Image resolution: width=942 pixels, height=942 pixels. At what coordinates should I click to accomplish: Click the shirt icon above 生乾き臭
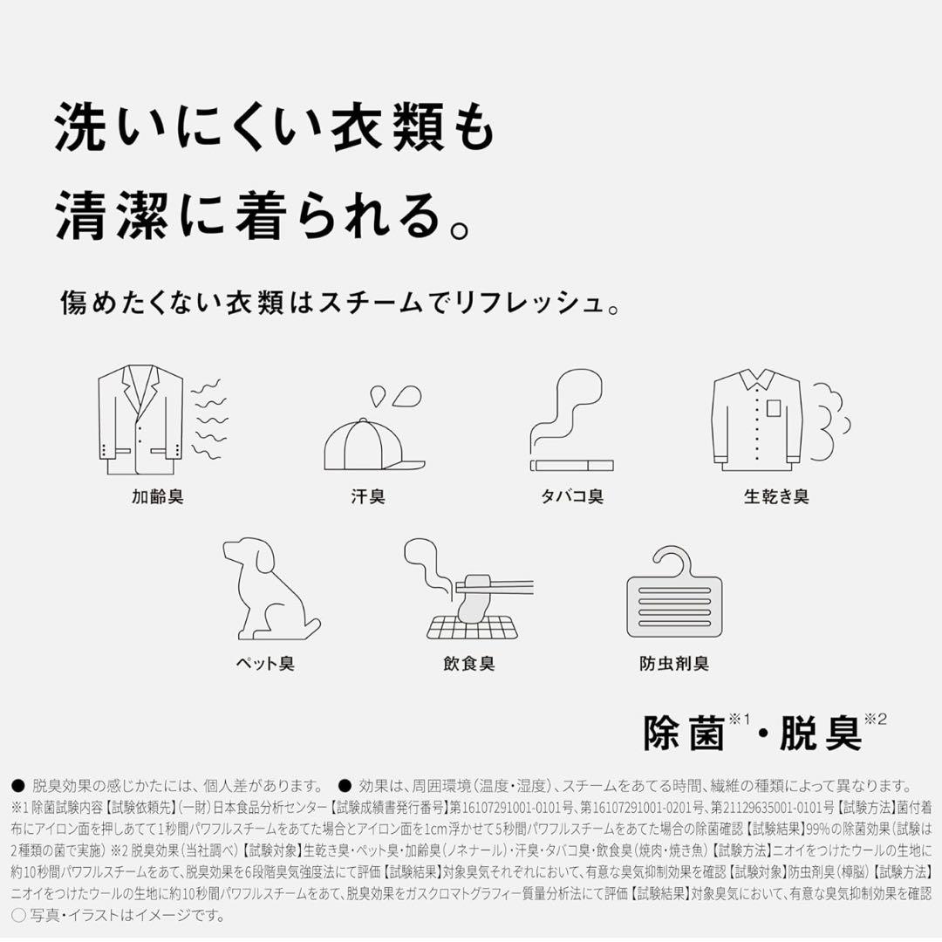point(756,420)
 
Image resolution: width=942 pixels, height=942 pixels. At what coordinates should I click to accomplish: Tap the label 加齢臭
point(158,497)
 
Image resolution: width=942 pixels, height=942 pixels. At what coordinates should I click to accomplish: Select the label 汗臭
point(368,497)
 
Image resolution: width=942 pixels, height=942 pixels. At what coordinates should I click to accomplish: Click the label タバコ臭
point(571,497)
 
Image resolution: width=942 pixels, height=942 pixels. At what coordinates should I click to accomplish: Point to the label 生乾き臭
point(776,497)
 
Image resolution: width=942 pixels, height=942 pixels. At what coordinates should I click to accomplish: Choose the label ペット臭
point(266,664)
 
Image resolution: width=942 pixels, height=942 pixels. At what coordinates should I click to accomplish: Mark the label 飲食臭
point(468,664)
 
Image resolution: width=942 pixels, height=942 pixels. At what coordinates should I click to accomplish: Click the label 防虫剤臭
point(674,664)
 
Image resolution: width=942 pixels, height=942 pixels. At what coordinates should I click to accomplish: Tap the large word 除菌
point(685,734)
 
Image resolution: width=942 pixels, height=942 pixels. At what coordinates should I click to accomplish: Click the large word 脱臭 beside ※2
point(819,734)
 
